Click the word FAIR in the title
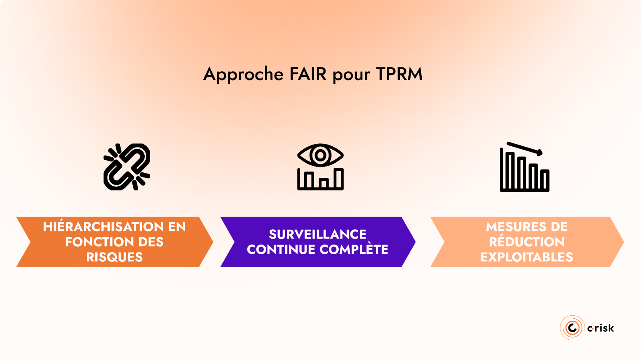tap(308, 74)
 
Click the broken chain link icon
tap(127, 167)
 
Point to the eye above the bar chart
tap(320, 155)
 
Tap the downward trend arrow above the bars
tap(525, 148)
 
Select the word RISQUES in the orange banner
tap(114, 257)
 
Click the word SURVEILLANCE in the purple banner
tap(318, 234)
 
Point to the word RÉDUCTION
tap(527, 242)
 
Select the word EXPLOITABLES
tap(527, 257)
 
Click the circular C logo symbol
tap(572, 328)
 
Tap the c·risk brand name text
tap(601, 328)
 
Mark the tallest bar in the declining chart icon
tap(510, 170)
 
